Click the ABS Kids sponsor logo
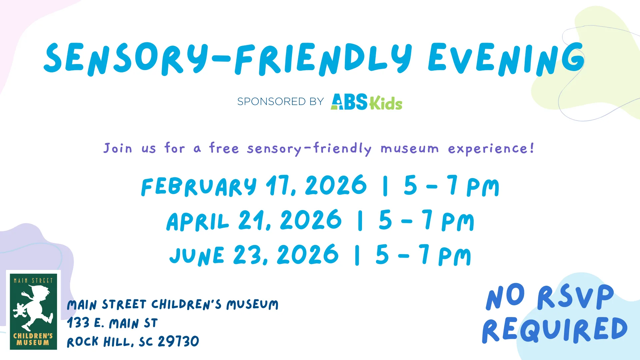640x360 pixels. coord(366,102)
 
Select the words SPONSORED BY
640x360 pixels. coord(280,101)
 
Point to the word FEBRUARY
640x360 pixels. coord(199,186)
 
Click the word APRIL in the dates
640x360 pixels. coord(198,222)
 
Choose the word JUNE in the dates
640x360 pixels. coord(197,256)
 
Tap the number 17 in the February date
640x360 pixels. coord(279,185)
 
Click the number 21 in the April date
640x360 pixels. coord(252,220)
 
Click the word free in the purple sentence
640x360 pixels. coord(224,148)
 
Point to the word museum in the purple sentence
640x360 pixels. coord(410,148)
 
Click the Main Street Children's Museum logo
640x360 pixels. coord(33,311)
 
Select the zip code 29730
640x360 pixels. coord(178,341)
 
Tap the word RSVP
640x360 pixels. coord(575,297)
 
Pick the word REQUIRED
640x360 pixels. coord(555,330)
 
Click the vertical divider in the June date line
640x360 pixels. coord(357,255)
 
